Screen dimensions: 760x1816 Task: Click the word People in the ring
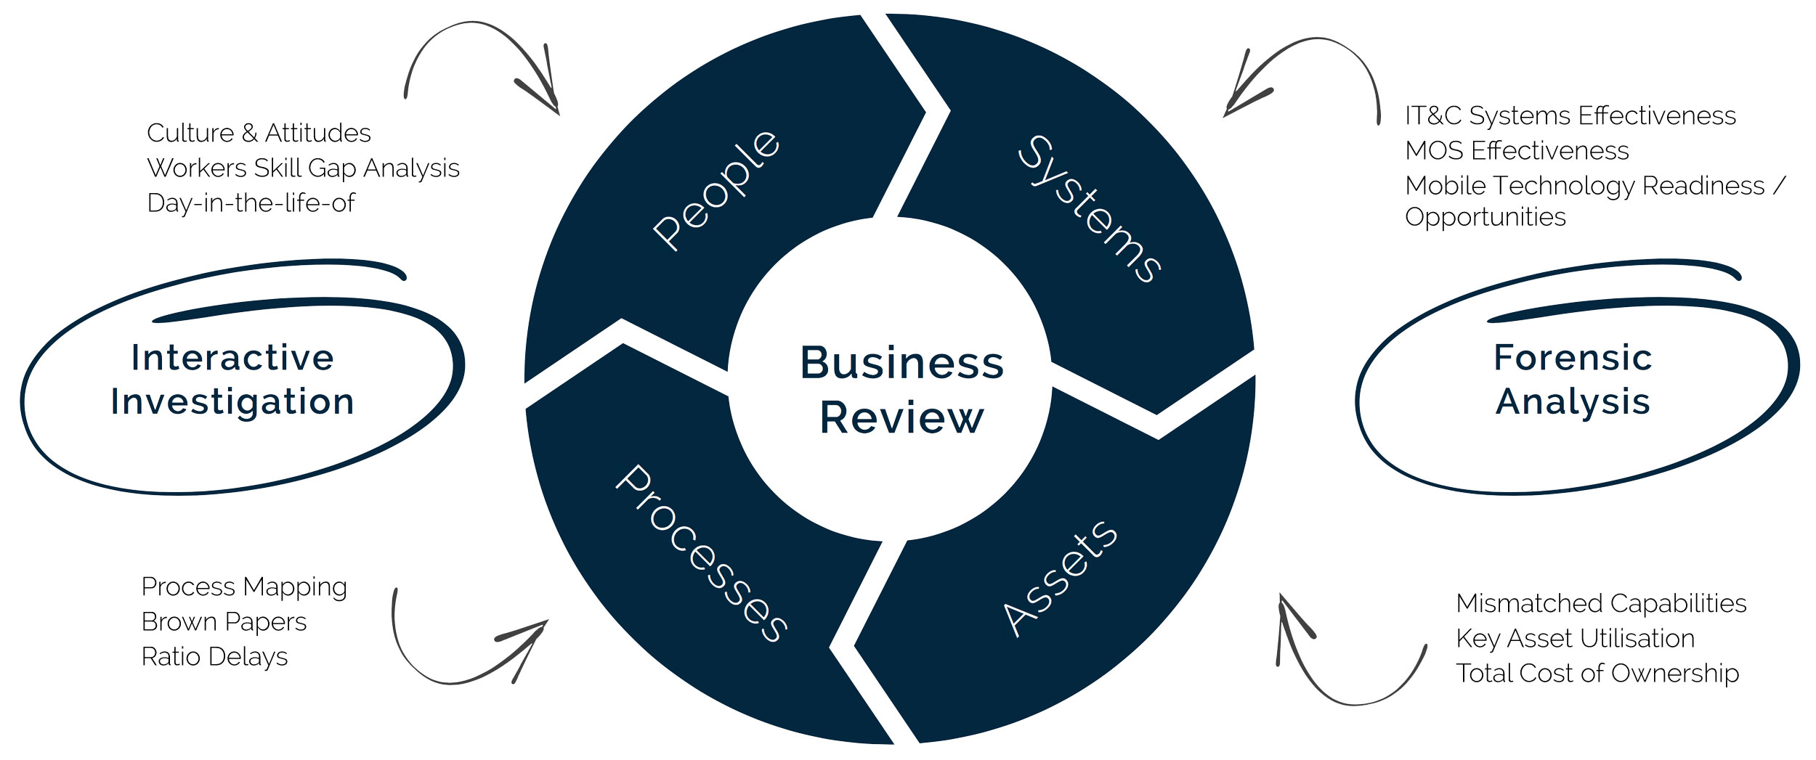coord(716,190)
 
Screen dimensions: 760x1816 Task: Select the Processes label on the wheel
coord(702,553)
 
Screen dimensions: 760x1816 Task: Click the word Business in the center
coord(901,363)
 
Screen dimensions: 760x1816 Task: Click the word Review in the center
coord(901,418)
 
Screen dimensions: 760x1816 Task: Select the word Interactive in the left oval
coord(232,358)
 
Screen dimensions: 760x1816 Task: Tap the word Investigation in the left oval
coord(232,402)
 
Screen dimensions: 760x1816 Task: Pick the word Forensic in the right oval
coord(1573,358)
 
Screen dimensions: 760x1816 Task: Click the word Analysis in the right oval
coord(1573,402)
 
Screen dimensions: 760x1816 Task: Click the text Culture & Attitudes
coord(259,134)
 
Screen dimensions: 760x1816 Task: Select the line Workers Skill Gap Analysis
coord(303,168)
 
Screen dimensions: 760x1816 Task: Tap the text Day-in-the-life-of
coord(251,203)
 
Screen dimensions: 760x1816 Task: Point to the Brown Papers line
coord(224,622)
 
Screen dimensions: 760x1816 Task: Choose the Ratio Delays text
coord(214,657)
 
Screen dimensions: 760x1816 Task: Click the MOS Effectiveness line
coord(1517,151)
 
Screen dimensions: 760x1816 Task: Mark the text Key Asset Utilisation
coord(1575,639)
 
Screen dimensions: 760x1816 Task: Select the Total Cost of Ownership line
coord(1597,674)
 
